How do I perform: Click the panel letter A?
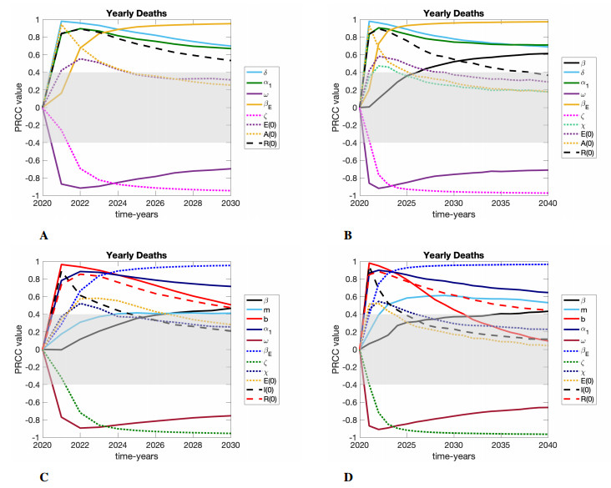pyautogui.click(x=43, y=237)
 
